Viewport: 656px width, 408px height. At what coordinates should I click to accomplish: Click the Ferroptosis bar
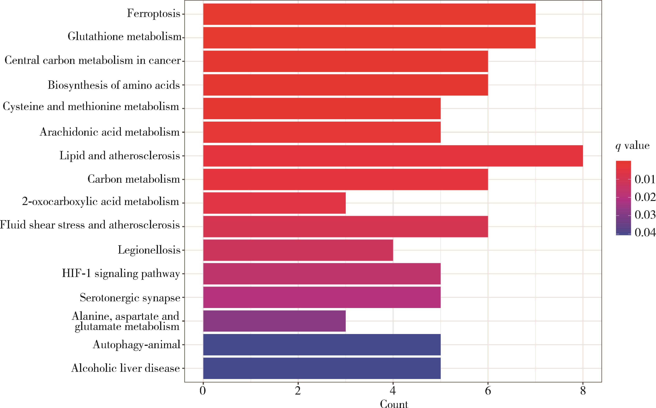click(369, 14)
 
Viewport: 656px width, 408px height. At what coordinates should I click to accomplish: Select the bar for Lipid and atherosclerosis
click(393, 156)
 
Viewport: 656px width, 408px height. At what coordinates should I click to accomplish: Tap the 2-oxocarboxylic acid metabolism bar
click(274, 203)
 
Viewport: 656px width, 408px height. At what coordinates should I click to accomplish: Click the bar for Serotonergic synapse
click(322, 297)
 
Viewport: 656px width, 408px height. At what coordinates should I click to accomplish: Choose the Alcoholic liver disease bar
click(322, 368)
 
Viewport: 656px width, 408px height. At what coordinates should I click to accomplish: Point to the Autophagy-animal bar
click(322, 345)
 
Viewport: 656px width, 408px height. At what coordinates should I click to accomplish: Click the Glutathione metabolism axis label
click(124, 36)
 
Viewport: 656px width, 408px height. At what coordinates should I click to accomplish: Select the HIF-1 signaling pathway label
click(121, 273)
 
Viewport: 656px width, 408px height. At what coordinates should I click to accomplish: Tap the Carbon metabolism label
click(134, 179)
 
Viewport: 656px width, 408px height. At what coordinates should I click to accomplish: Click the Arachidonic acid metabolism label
click(110, 132)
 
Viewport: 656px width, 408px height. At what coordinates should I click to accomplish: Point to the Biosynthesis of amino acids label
click(114, 85)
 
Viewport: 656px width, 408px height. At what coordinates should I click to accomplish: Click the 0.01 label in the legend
click(645, 179)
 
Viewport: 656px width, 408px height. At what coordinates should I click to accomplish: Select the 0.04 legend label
click(645, 232)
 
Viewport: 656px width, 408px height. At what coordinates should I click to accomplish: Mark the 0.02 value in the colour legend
click(645, 197)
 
